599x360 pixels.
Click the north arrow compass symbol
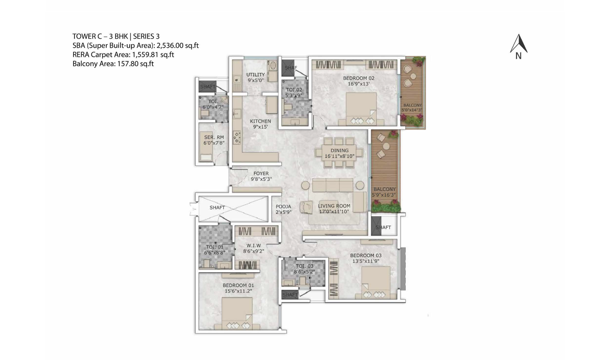(519, 46)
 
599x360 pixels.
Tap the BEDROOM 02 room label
(359, 78)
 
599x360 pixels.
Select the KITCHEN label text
(260, 121)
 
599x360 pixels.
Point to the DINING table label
(339, 150)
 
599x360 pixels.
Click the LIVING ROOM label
(334, 206)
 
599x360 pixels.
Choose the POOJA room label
(283, 207)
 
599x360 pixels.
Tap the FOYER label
(261, 173)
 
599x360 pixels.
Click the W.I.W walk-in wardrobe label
(253, 245)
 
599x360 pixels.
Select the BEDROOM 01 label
(238, 286)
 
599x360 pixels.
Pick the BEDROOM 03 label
(366, 256)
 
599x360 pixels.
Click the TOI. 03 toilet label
(304, 266)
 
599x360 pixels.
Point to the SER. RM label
(214, 137)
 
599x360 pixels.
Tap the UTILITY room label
(256, 74)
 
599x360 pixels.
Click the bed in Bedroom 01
(237, 314)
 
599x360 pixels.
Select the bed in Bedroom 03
(376, 283)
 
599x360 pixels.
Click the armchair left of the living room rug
(306, 207)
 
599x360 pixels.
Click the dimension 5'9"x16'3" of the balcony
(384, 195)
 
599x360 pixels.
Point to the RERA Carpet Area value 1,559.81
(144, 55)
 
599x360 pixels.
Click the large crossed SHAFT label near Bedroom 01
(217, 208)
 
